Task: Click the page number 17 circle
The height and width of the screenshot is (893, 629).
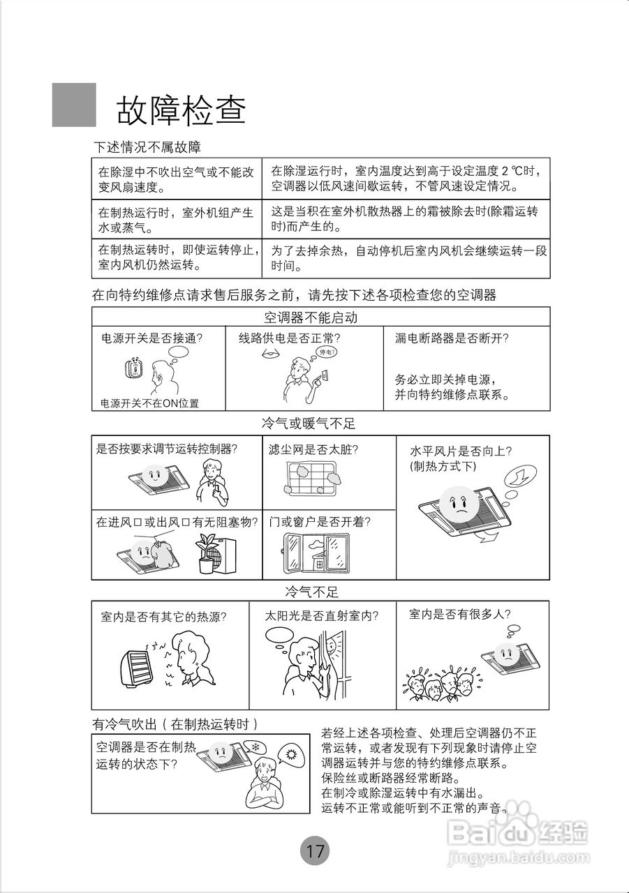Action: click(x=314, y=851)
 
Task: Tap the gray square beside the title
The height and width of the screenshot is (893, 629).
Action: click(x=74, y=105)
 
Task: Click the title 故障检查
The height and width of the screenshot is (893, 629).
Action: click(x=181, y=110)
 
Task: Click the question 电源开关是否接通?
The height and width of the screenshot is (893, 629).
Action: click(x=151, y=338)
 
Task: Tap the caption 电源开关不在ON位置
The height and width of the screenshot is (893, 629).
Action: click(x=149, y=403)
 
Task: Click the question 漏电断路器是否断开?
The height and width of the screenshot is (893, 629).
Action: click(x=452, y=338)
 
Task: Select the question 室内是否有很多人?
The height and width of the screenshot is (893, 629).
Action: click(x=459, y=614)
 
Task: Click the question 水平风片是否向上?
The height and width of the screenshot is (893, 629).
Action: click(x=461, y=451)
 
